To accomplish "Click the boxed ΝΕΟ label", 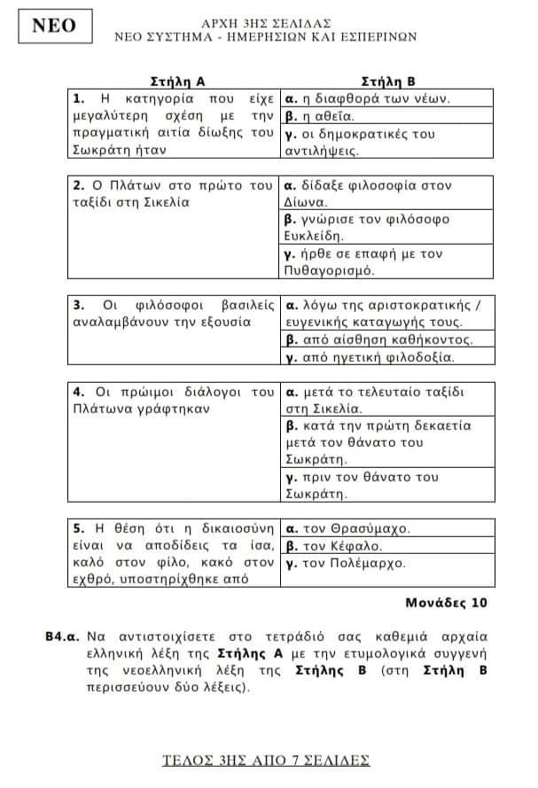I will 54,27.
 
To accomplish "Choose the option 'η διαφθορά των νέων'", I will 371,98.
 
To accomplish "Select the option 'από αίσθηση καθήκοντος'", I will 381,339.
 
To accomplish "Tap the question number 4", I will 77,391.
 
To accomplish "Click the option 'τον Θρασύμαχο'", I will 351,528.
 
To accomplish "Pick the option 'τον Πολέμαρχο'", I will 349,563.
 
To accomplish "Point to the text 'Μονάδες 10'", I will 447,604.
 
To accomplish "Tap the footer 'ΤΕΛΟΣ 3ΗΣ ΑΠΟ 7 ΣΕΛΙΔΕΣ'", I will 267,760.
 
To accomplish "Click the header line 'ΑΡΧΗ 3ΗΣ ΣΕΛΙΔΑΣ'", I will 267,21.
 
